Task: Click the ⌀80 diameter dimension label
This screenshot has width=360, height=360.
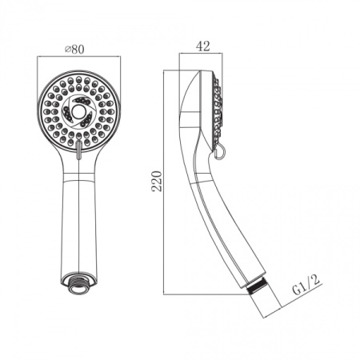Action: [74, 50]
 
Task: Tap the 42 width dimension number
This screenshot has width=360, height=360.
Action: [203, 46]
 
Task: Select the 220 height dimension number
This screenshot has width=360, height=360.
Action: [157, 181]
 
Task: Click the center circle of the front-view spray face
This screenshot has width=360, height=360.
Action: [78, 110]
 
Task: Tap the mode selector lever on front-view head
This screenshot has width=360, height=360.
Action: [78, 150]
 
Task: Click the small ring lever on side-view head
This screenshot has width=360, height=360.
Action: [220, 153]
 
